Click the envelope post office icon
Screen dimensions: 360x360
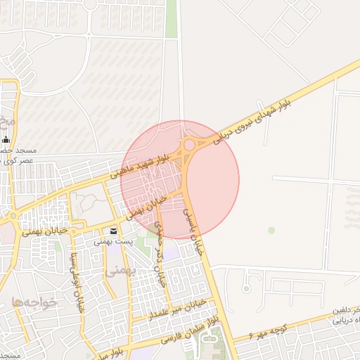(114, 231)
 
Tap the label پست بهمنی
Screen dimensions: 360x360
(114, 242)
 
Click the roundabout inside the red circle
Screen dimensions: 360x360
(189, 146)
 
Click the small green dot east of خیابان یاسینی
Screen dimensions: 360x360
(271, 230)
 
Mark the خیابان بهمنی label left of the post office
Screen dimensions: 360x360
(44, 231)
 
